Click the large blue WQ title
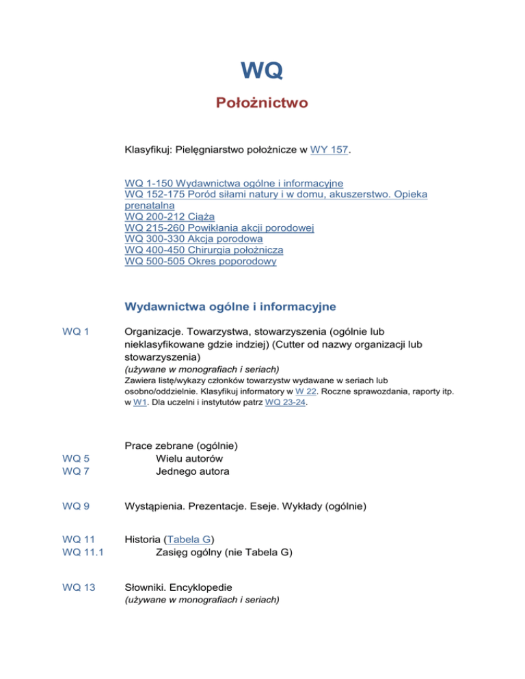click(262, 70)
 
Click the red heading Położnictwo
click(262, 103)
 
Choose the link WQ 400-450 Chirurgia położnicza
click(204, 250)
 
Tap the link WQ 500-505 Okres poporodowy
click(201, 262)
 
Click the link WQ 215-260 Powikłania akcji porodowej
click(219, 227)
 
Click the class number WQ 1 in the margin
click(75, 332)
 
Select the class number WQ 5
click(75, 459)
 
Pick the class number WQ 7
click(75, 471)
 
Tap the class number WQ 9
click(75, 506)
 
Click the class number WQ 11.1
click(81, 553)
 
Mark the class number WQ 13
click(77, 588)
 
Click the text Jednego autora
click(192, 471)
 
